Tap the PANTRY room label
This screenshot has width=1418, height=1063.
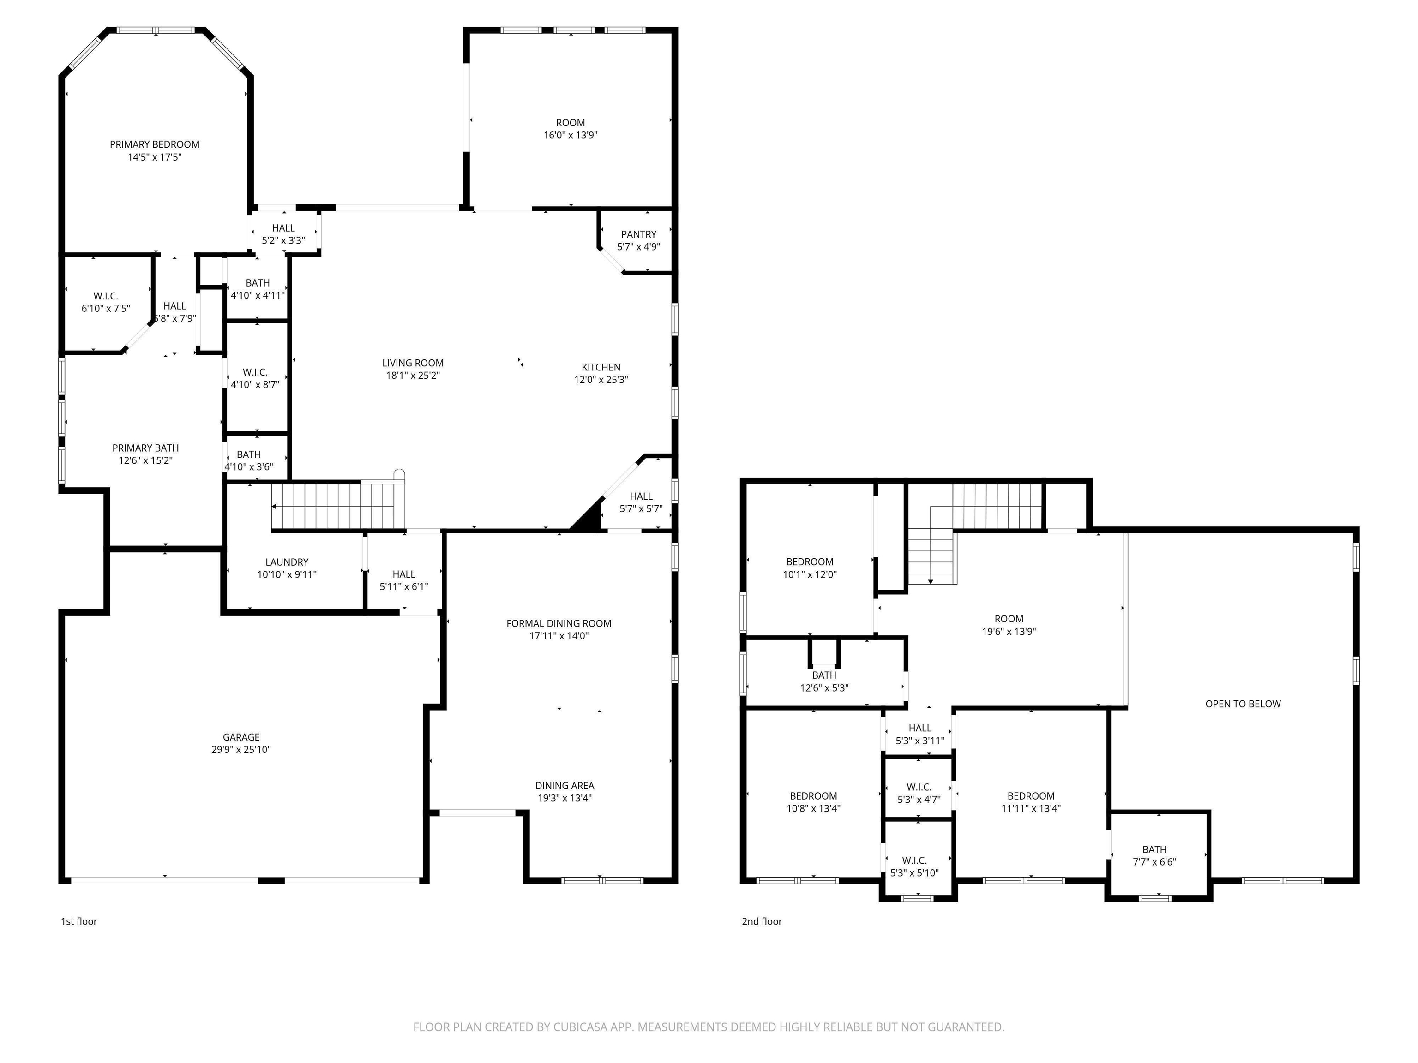[638, 234]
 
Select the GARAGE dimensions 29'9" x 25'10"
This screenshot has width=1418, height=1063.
[241, 750]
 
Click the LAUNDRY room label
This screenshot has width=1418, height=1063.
[287, 562]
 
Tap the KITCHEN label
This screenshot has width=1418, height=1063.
[601, 367]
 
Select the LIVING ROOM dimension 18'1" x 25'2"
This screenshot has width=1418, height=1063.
[412, 376]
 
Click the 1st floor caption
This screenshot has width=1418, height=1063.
[79, 921]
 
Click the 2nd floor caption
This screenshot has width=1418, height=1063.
[762, 921]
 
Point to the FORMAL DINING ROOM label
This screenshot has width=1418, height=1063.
[559, 623]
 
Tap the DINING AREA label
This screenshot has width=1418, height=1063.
[564, 786]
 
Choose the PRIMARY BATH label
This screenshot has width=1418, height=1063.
[145, 448]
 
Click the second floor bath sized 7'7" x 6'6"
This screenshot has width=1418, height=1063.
[1154, 855]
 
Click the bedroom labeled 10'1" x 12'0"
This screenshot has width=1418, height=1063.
[810, 567]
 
